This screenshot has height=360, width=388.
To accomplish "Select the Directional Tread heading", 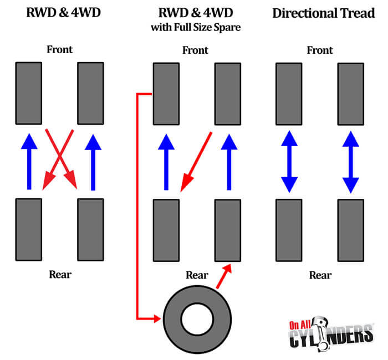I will click(324, 13).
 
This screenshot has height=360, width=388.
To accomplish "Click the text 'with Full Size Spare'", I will click(196, 27).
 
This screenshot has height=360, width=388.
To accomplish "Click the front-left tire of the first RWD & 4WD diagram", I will click(29, 93).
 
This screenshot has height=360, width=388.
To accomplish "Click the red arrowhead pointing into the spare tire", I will click(156, 318).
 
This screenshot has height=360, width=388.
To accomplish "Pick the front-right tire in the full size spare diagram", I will click(227, 94).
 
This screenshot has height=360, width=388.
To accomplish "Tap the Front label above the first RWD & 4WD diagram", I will click(59, 50).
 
